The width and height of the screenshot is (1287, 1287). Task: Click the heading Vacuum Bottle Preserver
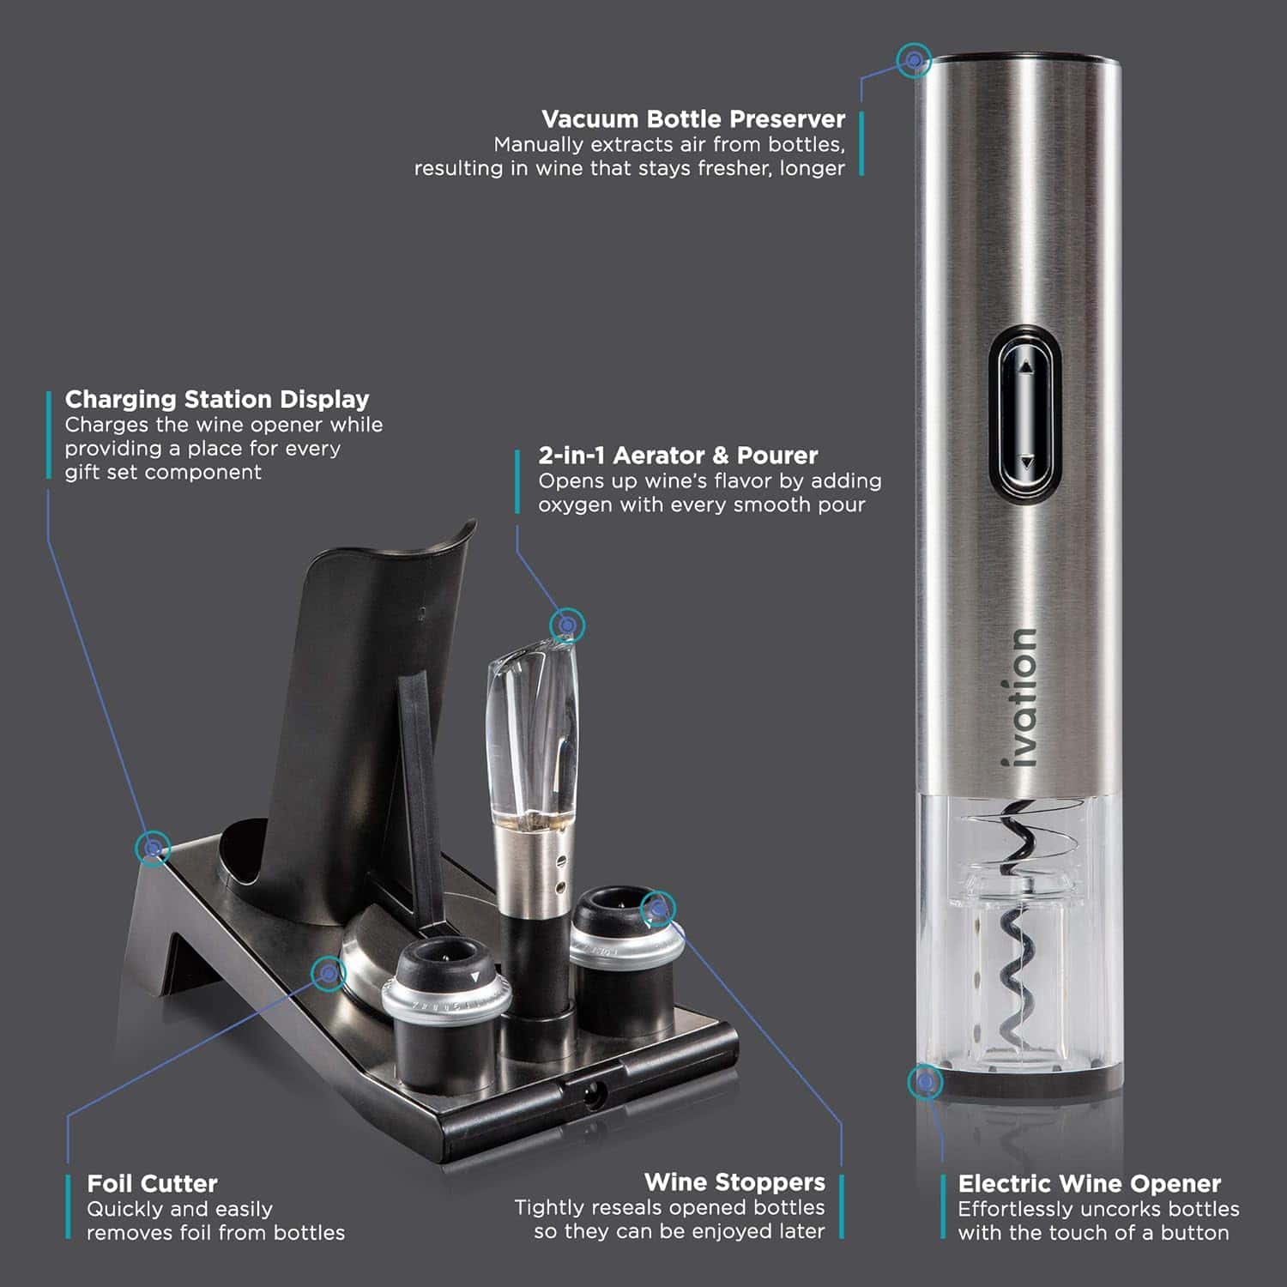tap(693, 118)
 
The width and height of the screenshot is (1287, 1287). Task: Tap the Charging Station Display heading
tap(217, 399)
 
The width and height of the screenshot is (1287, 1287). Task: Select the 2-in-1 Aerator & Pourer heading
tap(678, 455)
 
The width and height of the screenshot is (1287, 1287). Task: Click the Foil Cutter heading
tap(152, 1183)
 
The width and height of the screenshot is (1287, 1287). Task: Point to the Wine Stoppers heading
tap(734, 1182)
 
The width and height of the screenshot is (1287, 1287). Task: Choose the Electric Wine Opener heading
tap(1089, 1184)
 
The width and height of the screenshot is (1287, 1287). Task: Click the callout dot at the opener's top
tap(915, 60)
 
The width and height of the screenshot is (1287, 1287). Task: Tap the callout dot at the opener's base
tap(925, 1082)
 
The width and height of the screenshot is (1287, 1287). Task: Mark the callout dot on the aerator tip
tap(567, 625)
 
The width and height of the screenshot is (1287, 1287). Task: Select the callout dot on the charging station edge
tap(154, 848)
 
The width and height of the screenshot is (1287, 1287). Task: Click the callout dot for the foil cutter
tap(329, 973)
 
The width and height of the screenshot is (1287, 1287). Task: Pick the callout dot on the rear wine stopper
tap(658, 909)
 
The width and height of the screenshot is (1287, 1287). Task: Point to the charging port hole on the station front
tap(593, 1094)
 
